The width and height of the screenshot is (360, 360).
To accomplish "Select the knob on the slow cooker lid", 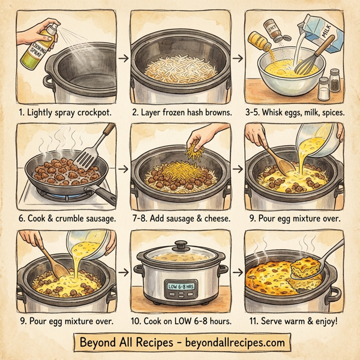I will click(179, 246).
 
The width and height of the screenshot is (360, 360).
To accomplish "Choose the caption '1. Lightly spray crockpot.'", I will click(62, 112).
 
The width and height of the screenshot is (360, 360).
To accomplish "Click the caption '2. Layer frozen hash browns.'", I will click(179, 112).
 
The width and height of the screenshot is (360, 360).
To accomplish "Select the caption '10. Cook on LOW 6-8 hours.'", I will click(178, 321).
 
